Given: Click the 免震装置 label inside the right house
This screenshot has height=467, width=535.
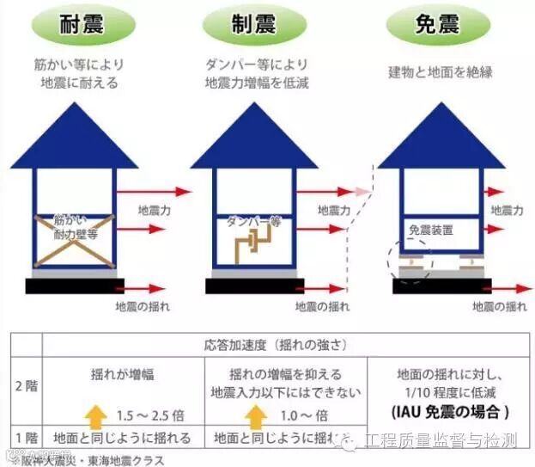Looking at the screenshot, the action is click(x=431, y=230).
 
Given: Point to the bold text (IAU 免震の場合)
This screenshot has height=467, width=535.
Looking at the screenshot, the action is click(x=451, y=412).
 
